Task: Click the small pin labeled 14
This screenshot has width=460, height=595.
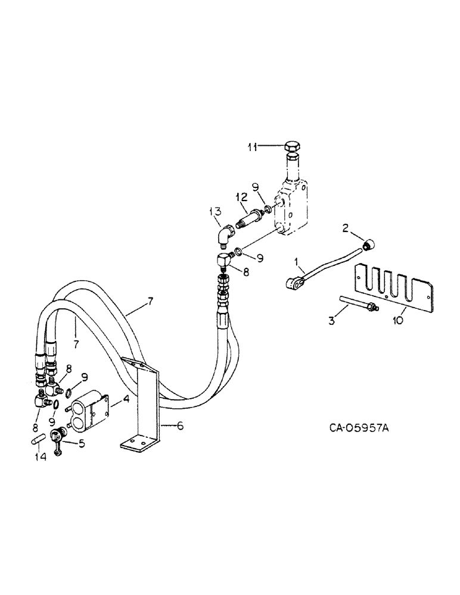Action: (38, 440)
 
